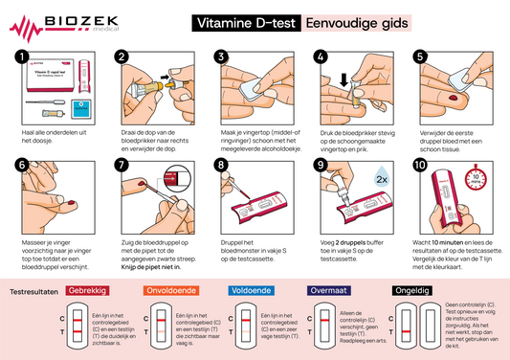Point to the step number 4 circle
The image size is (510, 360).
click(321, 57)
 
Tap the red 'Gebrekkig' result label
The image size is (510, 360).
click(87, 290)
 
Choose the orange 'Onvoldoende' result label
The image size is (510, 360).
click(170, 290)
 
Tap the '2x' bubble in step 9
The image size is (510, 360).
click(382, 179)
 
